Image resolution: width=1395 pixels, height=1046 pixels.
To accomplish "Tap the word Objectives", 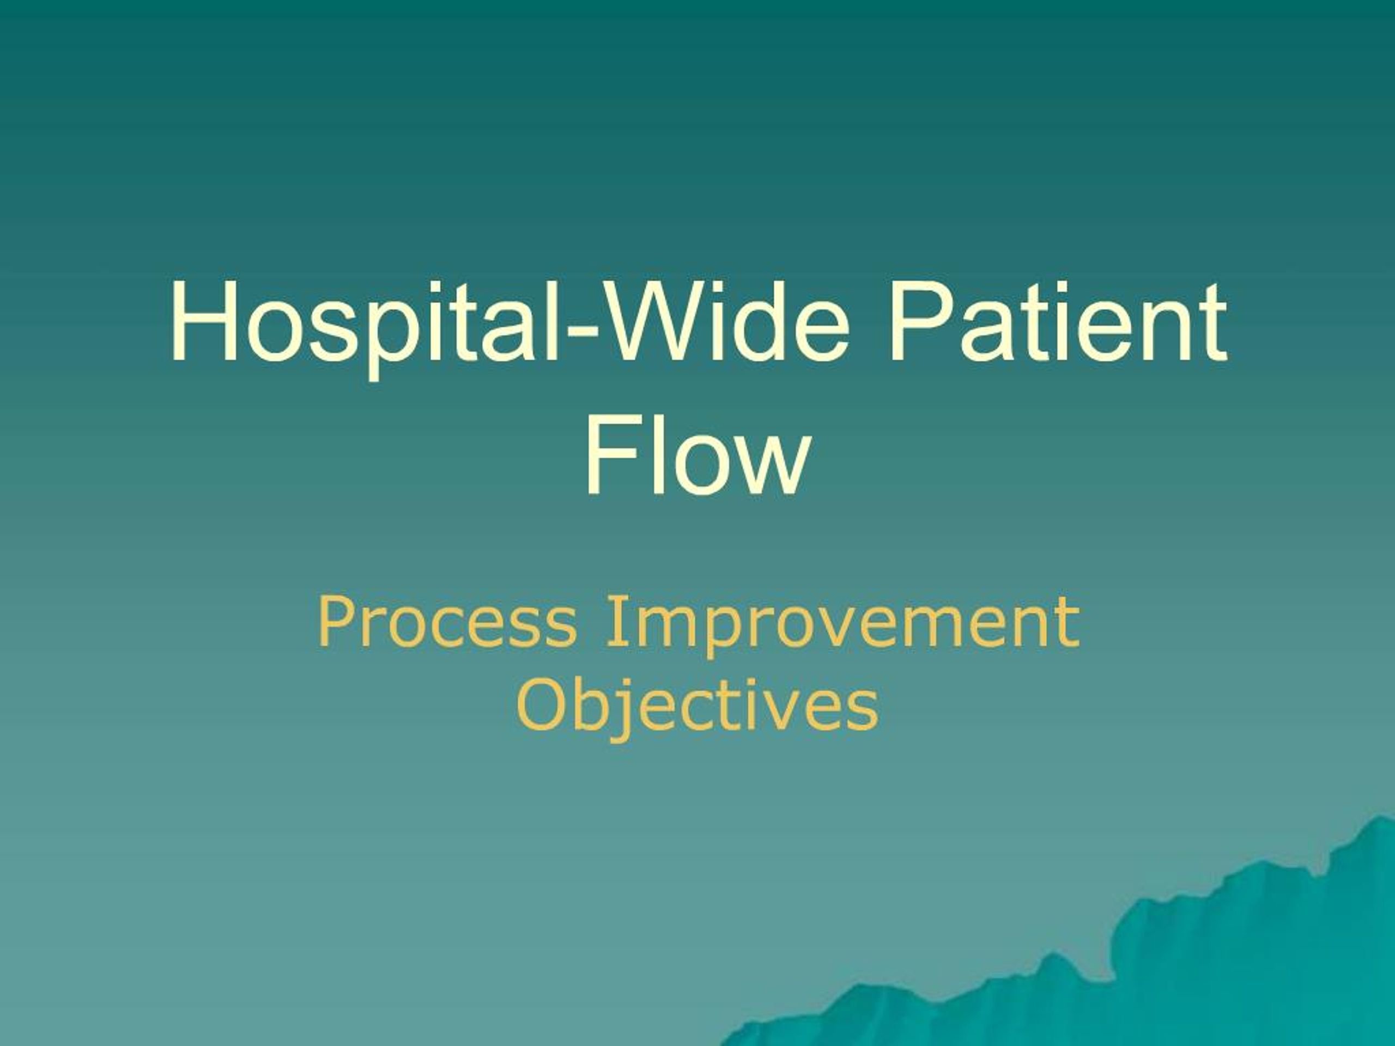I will (x=697, y=706).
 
